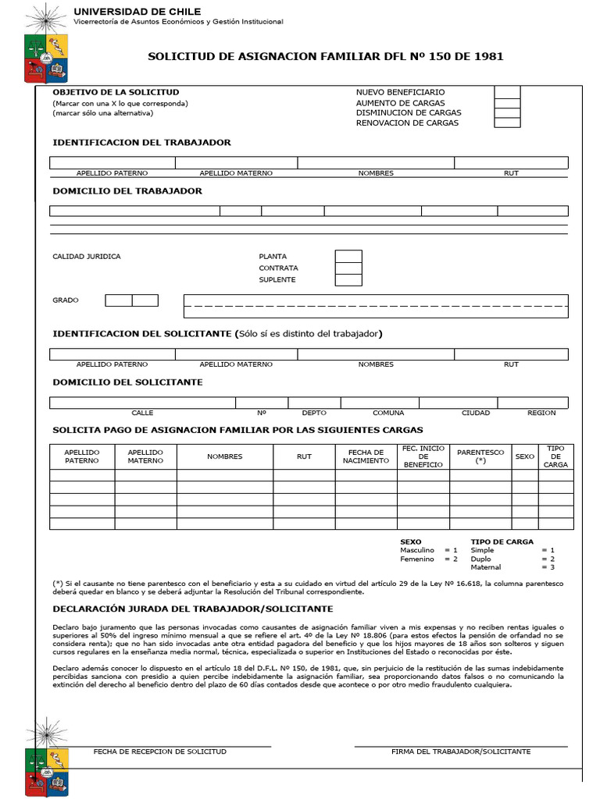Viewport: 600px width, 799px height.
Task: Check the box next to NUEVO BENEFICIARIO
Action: coord(507,93)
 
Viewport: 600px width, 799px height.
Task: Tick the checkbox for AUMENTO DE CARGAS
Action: coord(507,103)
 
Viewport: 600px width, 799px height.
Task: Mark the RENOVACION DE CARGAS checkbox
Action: coord(507,123)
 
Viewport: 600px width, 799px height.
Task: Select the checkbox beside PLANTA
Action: coord(348,256)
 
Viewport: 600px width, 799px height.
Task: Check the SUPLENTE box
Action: coord(348,280)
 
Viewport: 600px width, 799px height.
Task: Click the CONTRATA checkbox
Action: coord(348,268)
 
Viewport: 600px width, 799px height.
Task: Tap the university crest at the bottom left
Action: coord(47,755)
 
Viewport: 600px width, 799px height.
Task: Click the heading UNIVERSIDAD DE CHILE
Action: coord(137,12)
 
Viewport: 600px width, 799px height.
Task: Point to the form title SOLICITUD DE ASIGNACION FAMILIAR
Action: coord(326,56)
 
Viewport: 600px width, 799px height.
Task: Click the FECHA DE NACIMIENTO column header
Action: coord(366,456)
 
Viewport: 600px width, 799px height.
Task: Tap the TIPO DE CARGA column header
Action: coord(555,456)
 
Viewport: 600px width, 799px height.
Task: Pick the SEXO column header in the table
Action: coord(525,456)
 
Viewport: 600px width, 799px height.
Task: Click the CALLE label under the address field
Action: coord(142,413)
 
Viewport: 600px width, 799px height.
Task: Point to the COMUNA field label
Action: coord(388,413)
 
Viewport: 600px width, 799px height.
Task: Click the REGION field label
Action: coord(541,413)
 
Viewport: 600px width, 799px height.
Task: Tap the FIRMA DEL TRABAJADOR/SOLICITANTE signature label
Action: coord(461,751)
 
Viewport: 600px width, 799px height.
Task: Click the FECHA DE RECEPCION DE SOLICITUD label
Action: coord(160,751)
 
